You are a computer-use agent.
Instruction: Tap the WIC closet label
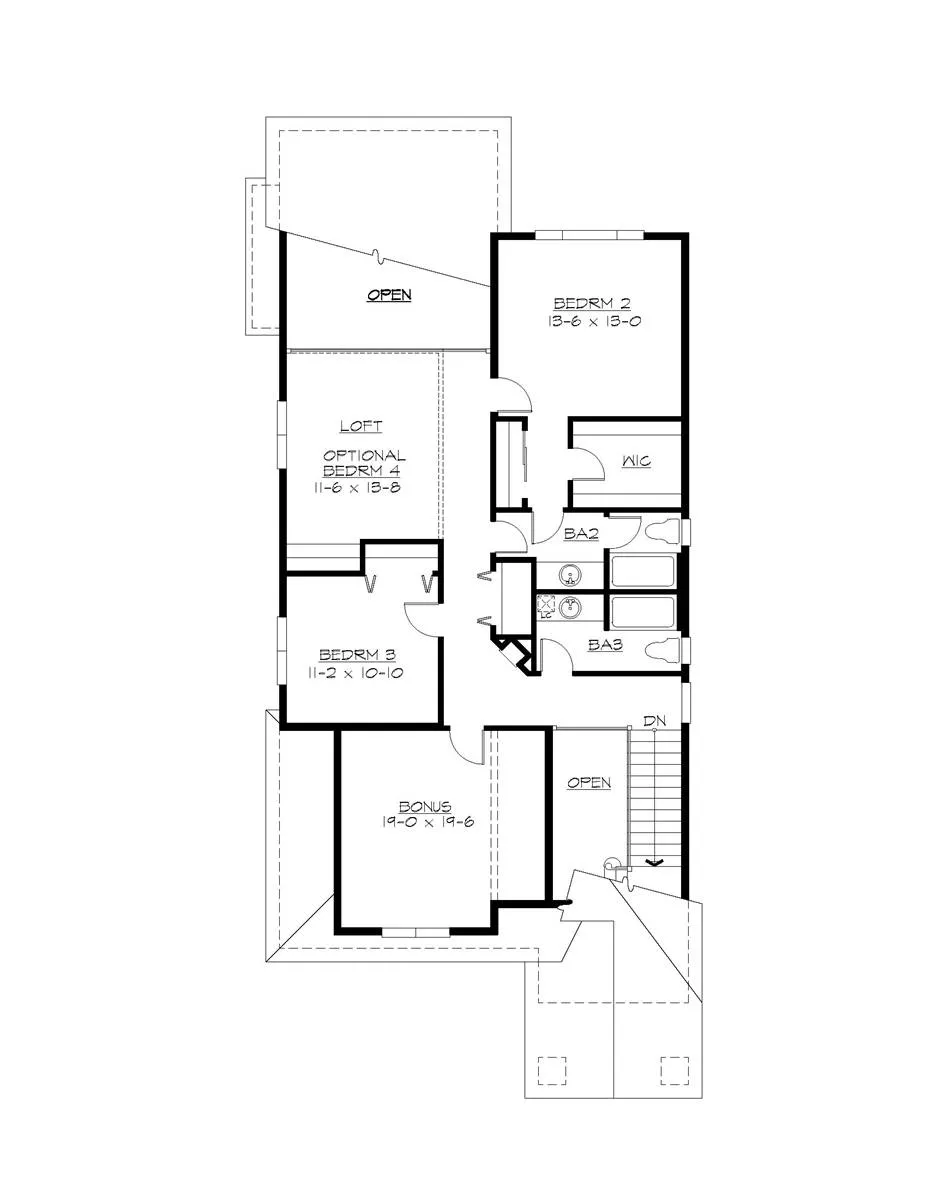pos(637,462)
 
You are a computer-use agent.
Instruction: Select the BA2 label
pos(580,535)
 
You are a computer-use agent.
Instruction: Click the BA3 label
pos(604,646)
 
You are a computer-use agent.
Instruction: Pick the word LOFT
pos(360,426)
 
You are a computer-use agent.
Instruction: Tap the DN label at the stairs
pos(654,720)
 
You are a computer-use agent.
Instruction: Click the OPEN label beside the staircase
pos(588,782)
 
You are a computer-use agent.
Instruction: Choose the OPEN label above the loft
pos(389,295)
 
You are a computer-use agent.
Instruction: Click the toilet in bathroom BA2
pos(659,531)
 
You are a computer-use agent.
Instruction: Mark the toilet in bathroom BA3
pos(663,650)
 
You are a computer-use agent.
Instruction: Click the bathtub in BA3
pos(643,610)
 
